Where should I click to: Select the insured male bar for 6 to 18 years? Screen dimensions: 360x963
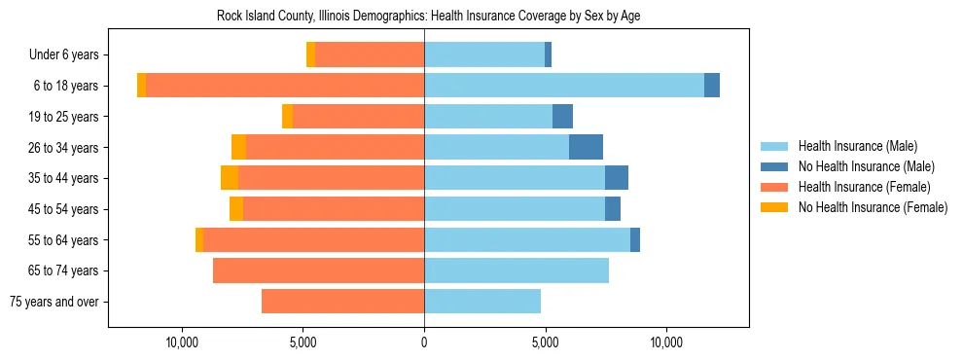click(x=564, y=86)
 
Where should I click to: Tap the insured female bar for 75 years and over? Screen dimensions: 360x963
click(x=342, y=302)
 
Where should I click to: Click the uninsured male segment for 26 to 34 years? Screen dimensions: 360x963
click(x=586, y=147)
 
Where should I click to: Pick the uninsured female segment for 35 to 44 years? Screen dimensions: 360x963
click(x=230, y=178)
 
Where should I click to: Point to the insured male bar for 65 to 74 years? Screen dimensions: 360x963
click(x=517, y=270)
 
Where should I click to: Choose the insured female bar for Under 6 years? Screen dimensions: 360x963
click(x=370, y=54)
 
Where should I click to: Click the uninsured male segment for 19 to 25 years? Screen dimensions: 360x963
click(x=562, y=117)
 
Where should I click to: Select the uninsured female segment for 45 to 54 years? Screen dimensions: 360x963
click(x=236, y=209)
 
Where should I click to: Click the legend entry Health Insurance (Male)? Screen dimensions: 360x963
click(x=857, y=146)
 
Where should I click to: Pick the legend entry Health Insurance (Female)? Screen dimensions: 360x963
click(x=864, y=187)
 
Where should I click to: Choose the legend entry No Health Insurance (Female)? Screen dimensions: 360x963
click(x=873, y=207)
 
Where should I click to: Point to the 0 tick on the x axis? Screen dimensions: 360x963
click(x=424, y=342)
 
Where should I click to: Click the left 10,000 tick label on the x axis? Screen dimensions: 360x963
click(x=182, y=342)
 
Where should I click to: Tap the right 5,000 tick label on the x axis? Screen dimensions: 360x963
click(x=546, y=342)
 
